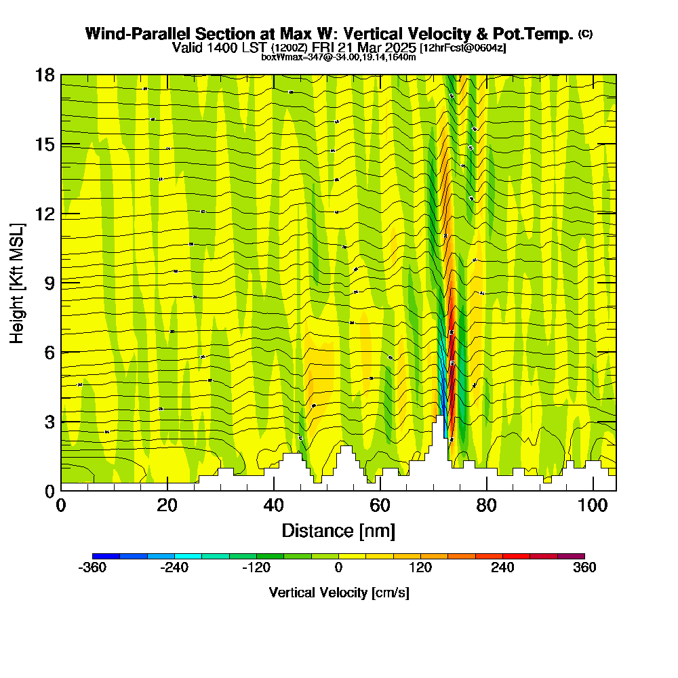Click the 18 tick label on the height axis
pyautogui.click(x=45, y=75)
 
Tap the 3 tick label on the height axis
pyautogui.click(x=49, y=422)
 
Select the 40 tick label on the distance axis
pyautogui.click(x=273, y=505)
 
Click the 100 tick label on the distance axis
pyautogui.click(x=593, y=505)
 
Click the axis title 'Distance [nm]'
pyautogui.click(x=338, y=530)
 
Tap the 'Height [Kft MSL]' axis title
pyautogui.click(x=18, y=282)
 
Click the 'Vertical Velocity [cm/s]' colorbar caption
pyautogui.click(x=338, y=593)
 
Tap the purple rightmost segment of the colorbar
pyautogui.click(x=571, y=556)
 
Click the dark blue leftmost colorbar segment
pyautogui.click(x=106, y=556)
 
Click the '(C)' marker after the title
pyautogui.click(x=585, y=34)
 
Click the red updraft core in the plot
pyautogui.click(x=451, y=353)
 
